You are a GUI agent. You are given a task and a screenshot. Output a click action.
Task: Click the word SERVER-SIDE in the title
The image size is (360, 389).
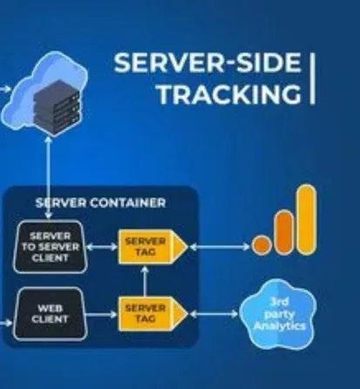point(207,64)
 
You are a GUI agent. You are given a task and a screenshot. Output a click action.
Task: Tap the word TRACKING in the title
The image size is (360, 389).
point(229,95)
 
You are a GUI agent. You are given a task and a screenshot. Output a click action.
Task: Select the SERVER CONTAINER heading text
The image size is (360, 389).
point(99,202)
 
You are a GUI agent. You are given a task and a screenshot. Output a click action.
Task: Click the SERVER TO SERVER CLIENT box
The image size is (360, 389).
point(50,247)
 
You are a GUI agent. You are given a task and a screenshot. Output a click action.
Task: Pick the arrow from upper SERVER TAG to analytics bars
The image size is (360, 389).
point(218,247)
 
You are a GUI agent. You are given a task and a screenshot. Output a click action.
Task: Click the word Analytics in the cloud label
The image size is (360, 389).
point(278,326)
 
